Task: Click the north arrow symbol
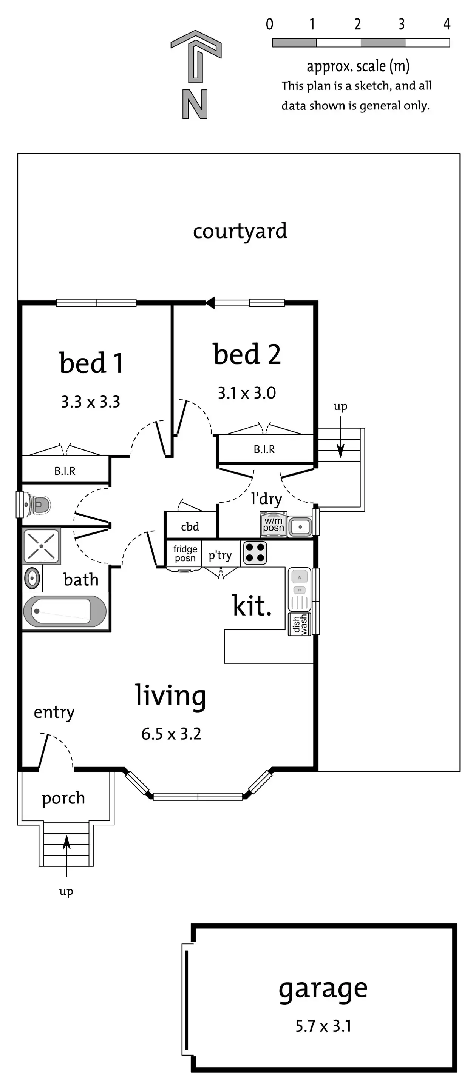pyautogui.click(x=196, y=57)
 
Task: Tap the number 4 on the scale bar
pyautogui.click(x=447, y=25)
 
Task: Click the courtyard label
pyautogui.click(x=240, y=231)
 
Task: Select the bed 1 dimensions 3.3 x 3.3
pyautogui.click(x=90, y=402)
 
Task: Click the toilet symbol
pyautogui.click(x=39, y=504)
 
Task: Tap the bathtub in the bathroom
pyautogui.click(x=64, y=611)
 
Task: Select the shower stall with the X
pyautogui.click(x=42, y=546)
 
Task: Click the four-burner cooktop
pyautogui.click(x=255, y=553)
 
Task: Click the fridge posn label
pyautogui.click(x=185, y=553)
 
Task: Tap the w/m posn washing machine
pyautogui.click(x=274, y=524)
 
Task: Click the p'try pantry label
pyautogui.click(x=220, y=556)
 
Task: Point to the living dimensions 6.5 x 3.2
pyautogui.click(x=171, y=734)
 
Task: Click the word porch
pyautogui.click(x=63, y=798)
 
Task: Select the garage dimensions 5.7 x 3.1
pyautogui.click(x=323, y=1026)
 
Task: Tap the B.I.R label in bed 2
pyautogui.click(x=264, y=449)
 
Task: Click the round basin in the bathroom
pyautogui.click(x=32, y=578)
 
